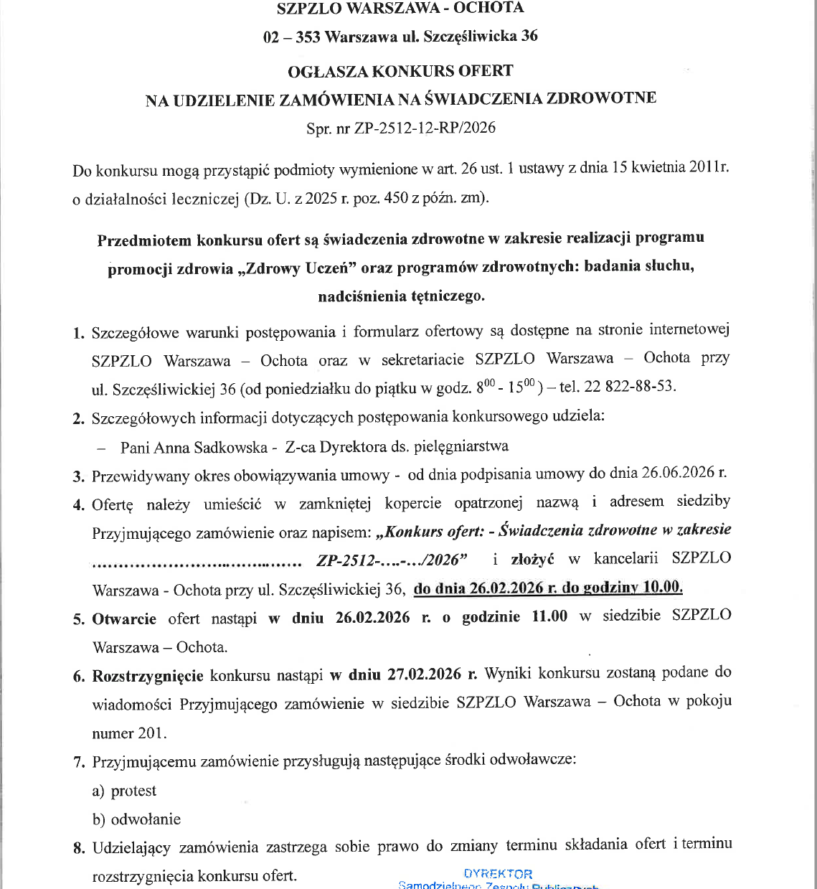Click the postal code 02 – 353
(x=291, y=37)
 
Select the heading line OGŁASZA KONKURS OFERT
(x=400, y=71)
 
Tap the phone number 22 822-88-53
(x=630, y=387)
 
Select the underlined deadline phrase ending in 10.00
(x=548, y=588)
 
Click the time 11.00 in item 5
(x=549, y=616)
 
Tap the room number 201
(x=151, y=733)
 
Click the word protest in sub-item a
(x=133, y=791)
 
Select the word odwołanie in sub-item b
(x=146, y=819)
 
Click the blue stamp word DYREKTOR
(x=498, y=874)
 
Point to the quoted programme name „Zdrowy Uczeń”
(x=296, y=268)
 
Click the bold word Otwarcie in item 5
(x=124, y=618)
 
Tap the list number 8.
(x=79, y=849)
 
